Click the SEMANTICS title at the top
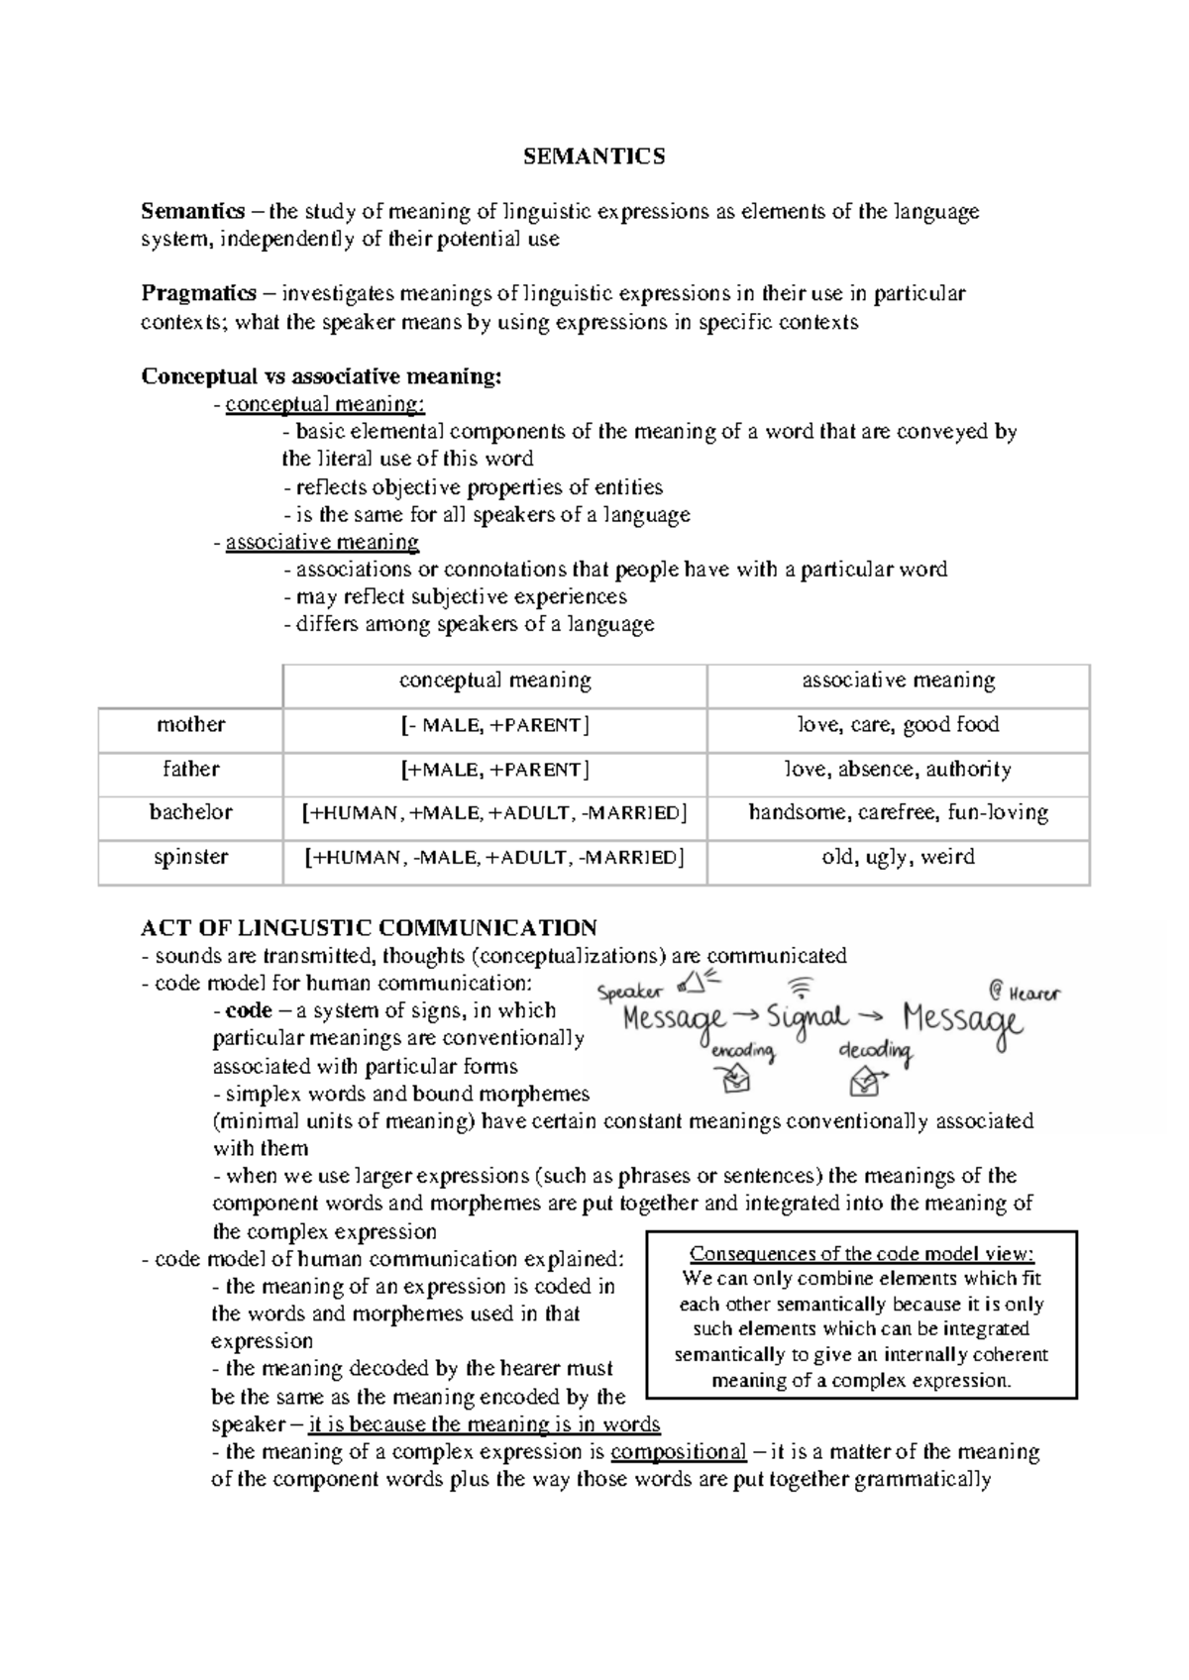coord(594,157)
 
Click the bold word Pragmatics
coord(197,293)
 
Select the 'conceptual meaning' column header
coord(494,681)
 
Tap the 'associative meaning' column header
coord(898,681)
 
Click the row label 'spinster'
coord(190,857)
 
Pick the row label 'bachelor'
coord(190,812)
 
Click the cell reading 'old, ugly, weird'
coord(898,857)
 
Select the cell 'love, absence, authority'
coord(898,769)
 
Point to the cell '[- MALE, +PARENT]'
coord(494,725)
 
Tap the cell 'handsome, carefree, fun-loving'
coord(898,812)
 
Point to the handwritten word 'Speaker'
coord(630,992)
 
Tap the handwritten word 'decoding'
coord(875,1050)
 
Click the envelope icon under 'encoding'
coord(736,1082)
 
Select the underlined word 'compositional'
coord(678,1452)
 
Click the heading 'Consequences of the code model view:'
coord(861,1253)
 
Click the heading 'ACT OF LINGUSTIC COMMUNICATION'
coord(369,928)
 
